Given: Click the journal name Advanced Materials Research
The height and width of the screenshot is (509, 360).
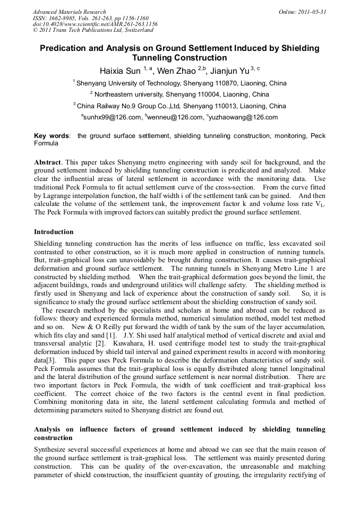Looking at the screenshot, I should click(x=69, y=12).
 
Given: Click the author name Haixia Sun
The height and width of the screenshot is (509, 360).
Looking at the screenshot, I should click(x=121, y=71).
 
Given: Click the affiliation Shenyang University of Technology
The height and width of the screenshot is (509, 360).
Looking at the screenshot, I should click(x=129, y=83).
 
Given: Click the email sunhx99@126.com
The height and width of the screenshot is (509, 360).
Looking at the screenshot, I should click(x=113, y=117).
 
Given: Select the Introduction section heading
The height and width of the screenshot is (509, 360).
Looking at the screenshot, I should click(x=54, y=232).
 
